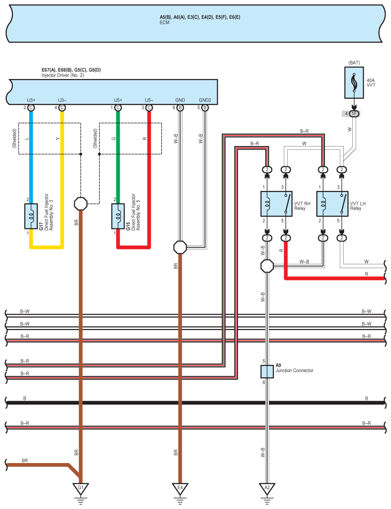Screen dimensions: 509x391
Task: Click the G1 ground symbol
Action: click(x=80, y=489)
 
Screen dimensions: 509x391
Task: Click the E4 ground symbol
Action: click(x=180, y=489)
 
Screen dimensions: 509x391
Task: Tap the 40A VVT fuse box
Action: click(x=354, y=81)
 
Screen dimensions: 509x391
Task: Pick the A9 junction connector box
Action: click(x=267, y=372)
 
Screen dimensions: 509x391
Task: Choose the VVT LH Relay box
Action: click(x=332, y=205)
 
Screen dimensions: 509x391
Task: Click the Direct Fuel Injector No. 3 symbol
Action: click(x=31, y=216)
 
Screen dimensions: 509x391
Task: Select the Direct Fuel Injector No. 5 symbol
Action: click(x=118, y=216)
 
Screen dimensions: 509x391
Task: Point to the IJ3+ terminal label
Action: click(x=31, y=100)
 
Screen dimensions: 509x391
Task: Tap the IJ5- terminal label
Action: click(x=149, y=100)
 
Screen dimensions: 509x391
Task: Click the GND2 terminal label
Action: click(x=205, y=100)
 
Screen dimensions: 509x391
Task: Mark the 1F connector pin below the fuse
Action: click(x=354, y=113)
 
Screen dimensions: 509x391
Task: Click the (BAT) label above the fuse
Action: click(x=354, y=63)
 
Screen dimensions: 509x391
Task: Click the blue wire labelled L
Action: click(x=31, y=153)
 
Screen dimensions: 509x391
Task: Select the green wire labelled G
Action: click(x=118, y=153)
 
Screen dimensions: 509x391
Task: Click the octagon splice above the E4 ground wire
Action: click(x=180, y=247)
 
